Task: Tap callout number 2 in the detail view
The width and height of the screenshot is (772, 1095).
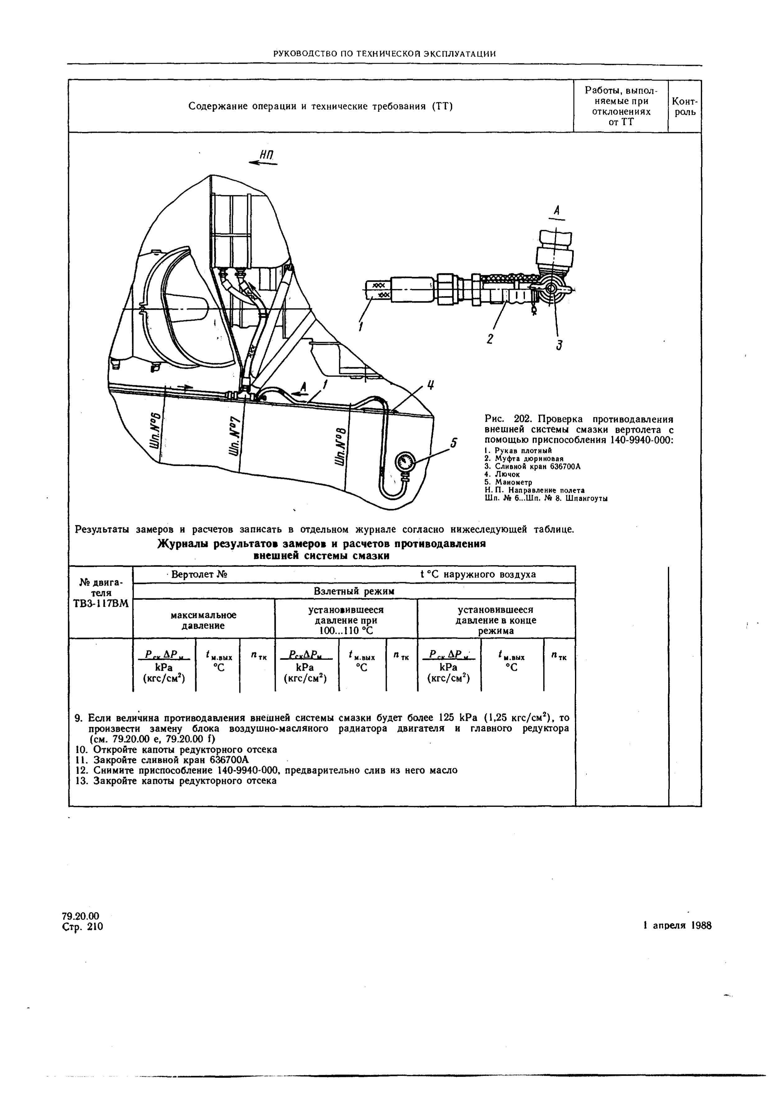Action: coord(490,339)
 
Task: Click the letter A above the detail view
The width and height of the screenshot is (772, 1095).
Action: coord(556,210)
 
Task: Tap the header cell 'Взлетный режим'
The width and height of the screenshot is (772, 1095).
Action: coord(354,591)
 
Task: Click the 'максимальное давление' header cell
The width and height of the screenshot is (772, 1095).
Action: coord(204,620)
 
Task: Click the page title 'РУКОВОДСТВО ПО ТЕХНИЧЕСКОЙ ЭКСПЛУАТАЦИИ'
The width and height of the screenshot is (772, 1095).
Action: coord(385,54)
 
